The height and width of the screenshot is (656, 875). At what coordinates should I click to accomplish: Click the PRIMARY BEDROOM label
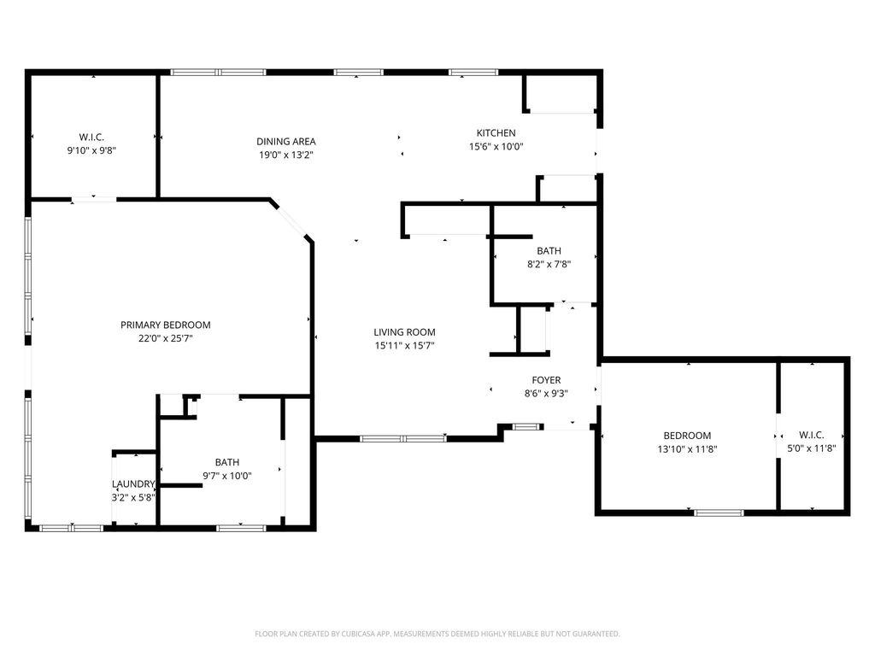pos(166,325)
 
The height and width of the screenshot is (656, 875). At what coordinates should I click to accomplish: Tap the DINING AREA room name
pos(286,142)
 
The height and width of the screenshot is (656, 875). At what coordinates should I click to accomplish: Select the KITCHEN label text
pos(496,132)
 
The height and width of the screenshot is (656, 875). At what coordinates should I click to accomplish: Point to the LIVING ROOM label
pos(404,332)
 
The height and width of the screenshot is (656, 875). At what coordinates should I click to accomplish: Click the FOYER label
pos(546,380)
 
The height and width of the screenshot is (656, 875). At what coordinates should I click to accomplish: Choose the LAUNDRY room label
pos(133,483)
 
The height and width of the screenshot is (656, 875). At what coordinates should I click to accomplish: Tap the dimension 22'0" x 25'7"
pos(166,338)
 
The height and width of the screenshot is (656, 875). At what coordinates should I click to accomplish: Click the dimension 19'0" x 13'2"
pos(286,155)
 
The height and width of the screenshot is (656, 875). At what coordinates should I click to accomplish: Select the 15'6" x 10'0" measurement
pos(496,147)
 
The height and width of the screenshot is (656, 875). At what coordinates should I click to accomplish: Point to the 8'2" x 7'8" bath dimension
pos(549,265)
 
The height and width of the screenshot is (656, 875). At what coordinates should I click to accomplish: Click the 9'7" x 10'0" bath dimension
pos(227,476)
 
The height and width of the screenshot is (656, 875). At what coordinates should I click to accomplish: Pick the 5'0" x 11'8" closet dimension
pos(812,448)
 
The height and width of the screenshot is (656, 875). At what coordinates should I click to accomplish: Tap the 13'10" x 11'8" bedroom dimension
pos(688,449)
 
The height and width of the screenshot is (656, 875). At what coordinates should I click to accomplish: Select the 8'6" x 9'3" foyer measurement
pos(546,393)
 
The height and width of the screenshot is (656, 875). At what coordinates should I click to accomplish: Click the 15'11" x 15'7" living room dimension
pos(404,345)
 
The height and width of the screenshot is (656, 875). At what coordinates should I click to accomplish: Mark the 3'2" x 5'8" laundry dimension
pos(133,497)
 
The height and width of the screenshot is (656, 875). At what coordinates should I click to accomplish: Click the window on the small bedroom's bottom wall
pos(719,512)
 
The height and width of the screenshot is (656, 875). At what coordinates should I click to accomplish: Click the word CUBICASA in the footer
pos(362,634)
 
